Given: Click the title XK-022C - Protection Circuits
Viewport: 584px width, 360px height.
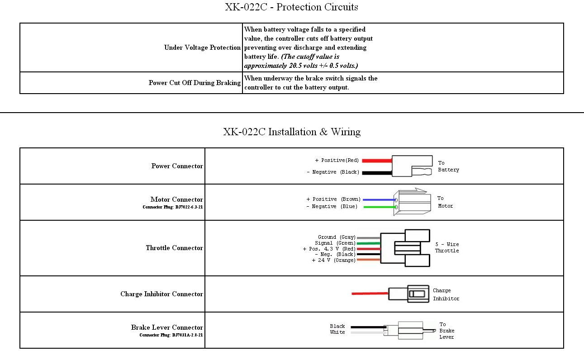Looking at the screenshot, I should point(291,7).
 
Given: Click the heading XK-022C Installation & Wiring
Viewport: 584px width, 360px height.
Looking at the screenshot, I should point(292,132).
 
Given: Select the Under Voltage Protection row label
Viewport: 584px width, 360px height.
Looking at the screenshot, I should point(202,47).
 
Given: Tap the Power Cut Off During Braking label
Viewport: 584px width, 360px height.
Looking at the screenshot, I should point(195,83).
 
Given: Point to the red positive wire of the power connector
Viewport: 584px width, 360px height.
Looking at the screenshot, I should point(376,160).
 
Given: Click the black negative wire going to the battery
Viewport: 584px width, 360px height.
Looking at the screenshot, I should point(376,173).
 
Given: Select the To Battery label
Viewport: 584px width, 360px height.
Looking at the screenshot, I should point(448,166).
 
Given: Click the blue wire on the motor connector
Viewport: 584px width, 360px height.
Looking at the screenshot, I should point(379,199).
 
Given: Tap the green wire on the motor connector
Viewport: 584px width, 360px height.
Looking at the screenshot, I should point(379,207).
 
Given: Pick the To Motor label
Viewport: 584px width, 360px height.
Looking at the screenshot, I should point(445,202).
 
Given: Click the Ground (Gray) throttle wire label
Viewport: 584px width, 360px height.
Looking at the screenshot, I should point(337,237).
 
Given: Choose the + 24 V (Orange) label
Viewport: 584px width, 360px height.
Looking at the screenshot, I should point(333,261).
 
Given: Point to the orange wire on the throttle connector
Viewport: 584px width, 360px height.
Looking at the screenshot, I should point(368,260).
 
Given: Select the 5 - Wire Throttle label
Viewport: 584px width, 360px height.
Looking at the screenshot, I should point(446,247).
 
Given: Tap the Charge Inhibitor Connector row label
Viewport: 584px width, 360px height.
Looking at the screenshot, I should point(161,294).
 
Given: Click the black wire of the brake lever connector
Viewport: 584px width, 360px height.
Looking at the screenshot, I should point(366,327).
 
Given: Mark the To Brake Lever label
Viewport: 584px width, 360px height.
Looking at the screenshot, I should point(446,331).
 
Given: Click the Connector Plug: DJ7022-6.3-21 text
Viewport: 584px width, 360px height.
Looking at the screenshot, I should point(173,207).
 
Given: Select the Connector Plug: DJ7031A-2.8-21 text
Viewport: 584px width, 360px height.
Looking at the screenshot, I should point(171,335).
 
